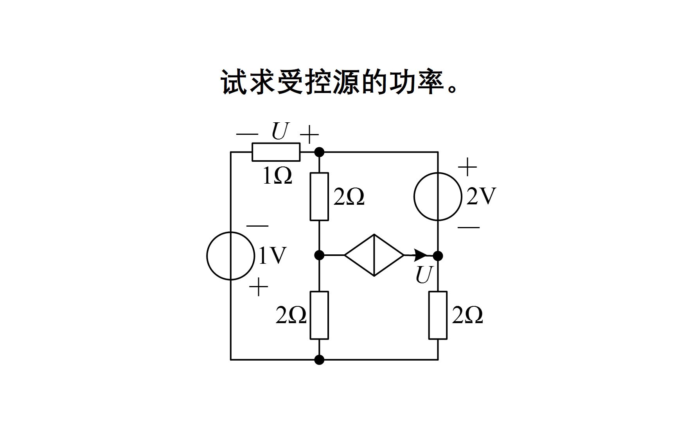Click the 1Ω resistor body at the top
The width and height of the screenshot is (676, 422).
pos(276,152)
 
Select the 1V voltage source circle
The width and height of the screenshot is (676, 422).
pos(231,256)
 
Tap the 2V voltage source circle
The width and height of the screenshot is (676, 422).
pos(438,197)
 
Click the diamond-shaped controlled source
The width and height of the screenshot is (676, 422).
pos(374,255)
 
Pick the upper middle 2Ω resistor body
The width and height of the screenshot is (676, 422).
pos(319,197)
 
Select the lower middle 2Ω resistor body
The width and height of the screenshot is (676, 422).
pos(319,315)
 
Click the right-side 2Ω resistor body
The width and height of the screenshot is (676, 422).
pos(438,315)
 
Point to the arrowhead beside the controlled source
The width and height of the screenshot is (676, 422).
pos(421,255)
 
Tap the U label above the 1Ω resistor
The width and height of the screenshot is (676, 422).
pos(280,132)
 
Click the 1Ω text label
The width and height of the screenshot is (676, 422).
pos(277,176)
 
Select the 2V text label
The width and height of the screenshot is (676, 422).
pos(481,196)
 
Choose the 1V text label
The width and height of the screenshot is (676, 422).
pos(273,256)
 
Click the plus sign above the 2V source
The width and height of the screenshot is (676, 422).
pos(467,168)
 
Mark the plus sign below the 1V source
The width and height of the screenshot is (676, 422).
pos(259,288)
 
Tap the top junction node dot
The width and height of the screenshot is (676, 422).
pos(319,152)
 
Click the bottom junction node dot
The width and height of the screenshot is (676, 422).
pos(319,359)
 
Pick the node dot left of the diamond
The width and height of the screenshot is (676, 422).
pos(319,256)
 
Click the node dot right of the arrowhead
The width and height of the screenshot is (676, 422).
pos(438,256)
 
